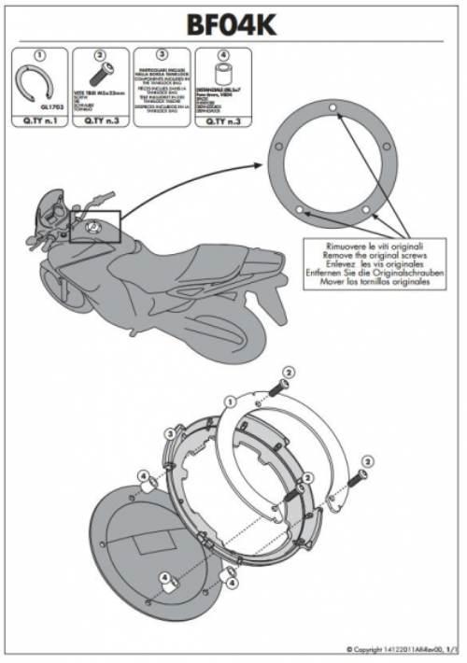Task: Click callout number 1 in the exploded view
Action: point(229,400)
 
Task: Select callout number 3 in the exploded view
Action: point(169,433)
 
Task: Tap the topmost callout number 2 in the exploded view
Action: point(289,372)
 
